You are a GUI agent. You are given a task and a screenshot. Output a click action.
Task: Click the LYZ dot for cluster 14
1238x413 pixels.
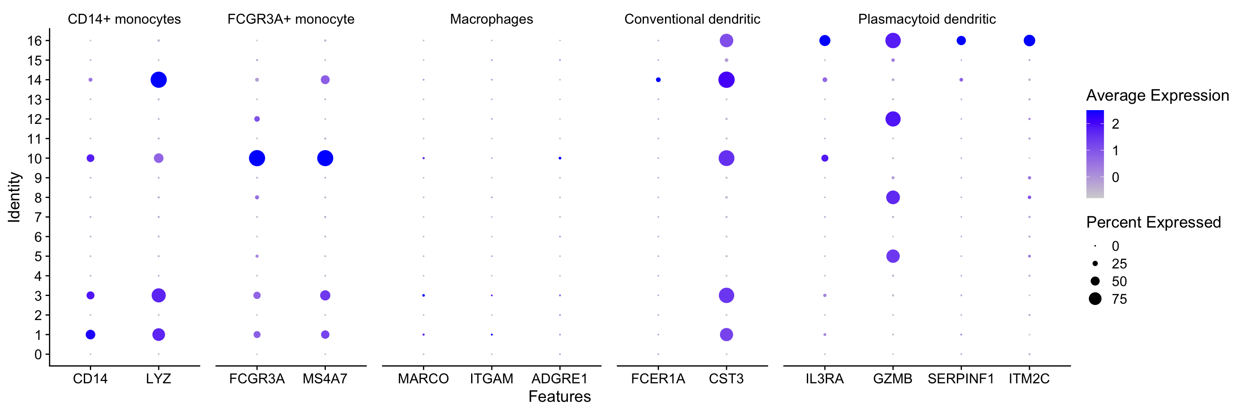159,80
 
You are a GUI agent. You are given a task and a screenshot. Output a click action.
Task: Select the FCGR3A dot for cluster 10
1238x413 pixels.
257,158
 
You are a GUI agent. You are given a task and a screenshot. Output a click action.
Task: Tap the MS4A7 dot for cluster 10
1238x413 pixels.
325,158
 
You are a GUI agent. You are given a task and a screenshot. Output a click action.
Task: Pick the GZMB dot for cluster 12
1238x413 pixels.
893,119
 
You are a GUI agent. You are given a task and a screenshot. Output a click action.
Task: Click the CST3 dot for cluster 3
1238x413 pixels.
726,295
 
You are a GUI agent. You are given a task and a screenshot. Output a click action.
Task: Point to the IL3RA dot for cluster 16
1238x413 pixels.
825,40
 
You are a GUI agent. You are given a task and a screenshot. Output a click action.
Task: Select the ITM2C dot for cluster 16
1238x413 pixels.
1029,40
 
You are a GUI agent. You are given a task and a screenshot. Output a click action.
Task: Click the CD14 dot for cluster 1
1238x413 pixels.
90,335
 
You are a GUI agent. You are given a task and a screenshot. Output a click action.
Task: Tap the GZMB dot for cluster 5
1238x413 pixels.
893,256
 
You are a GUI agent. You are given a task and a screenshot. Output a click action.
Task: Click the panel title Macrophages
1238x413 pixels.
491,19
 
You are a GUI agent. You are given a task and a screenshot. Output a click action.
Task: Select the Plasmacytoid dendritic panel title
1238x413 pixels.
927,19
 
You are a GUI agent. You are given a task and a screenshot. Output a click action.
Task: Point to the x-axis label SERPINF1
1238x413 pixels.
961,379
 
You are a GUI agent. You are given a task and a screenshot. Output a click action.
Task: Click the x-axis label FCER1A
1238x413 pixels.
658,379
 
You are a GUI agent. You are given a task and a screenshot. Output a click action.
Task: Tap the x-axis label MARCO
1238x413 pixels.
423,379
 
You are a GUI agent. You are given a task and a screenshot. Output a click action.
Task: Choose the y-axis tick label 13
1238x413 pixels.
34,99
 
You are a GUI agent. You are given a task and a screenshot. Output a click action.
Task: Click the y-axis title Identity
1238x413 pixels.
15,197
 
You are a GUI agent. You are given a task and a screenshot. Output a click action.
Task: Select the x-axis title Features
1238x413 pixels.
559,397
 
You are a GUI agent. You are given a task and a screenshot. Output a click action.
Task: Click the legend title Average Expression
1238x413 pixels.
1157,95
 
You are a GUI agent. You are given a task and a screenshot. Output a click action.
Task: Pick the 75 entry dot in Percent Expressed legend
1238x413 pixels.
1095,299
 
